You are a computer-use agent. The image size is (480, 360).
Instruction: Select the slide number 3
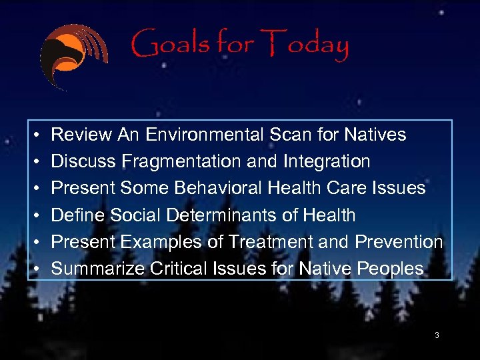[x=437, y=335]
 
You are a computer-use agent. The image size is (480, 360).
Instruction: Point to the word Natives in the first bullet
[x=375, y=135]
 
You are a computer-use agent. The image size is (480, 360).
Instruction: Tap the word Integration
[x=329, y=161]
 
